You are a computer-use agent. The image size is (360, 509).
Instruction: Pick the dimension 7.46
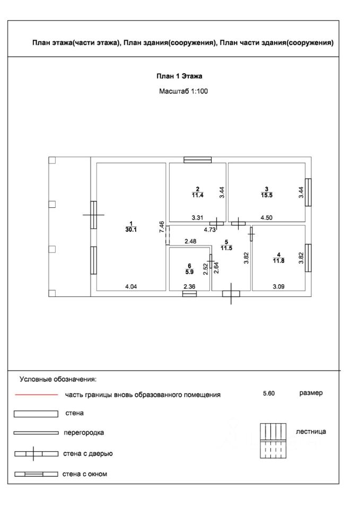point(162,227)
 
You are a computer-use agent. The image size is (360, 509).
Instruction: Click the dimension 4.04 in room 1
point(131,287)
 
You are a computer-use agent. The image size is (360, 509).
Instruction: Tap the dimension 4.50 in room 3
point(266,217)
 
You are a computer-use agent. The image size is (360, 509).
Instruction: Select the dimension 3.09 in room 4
point(279,287)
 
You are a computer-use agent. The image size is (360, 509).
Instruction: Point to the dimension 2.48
point(190,242)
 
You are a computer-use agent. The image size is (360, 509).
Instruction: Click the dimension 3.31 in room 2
point(198,217)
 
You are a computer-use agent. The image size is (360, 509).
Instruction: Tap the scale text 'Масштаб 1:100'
point(183,91)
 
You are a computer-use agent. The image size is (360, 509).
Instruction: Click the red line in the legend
point(36,395)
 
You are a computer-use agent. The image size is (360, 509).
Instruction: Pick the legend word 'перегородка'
point(83,433)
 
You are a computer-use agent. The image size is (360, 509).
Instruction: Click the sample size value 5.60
point(270,394)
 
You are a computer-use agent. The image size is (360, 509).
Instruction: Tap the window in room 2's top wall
point(197,159)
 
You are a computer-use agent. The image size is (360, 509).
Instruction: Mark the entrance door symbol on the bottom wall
point(231,293)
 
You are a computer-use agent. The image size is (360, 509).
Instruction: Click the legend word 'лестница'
point(311,432)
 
